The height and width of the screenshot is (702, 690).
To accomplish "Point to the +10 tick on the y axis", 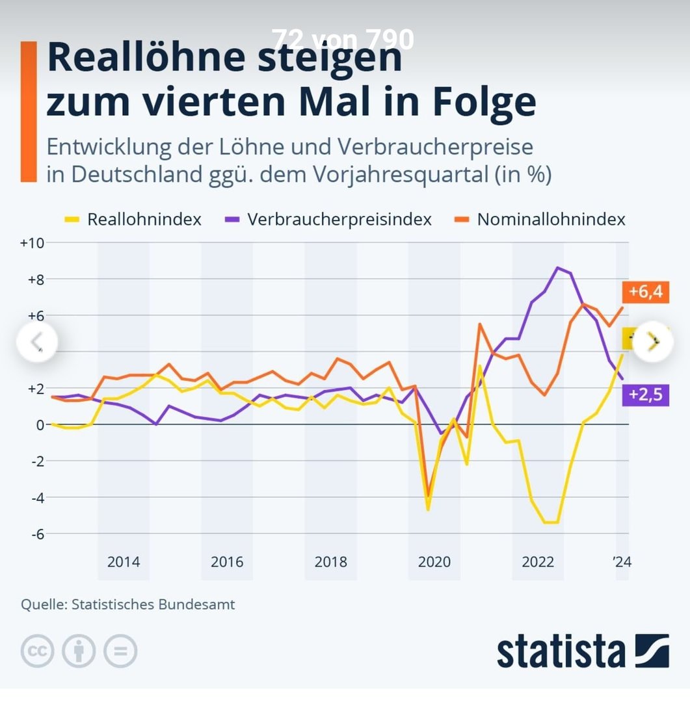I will point(31,243).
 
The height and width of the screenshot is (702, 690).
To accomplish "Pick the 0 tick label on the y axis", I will point(39,424).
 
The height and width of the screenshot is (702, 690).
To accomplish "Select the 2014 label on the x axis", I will point(124,562).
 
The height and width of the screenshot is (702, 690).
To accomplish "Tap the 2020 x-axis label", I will point(434,562).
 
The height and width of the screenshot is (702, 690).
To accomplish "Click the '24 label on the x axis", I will point(622,562).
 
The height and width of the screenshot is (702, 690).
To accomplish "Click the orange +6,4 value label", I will point(646,292).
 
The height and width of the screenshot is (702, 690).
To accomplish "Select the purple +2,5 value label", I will point(646,394).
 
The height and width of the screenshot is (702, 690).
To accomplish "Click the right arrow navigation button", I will point(653,341).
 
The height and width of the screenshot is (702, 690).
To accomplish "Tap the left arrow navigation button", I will point(37,341).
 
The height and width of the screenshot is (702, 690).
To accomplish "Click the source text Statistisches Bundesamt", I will point(153,604).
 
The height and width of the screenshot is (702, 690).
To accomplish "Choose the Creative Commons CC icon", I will point(37,651).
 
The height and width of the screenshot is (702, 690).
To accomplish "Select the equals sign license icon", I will point(120,651).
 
